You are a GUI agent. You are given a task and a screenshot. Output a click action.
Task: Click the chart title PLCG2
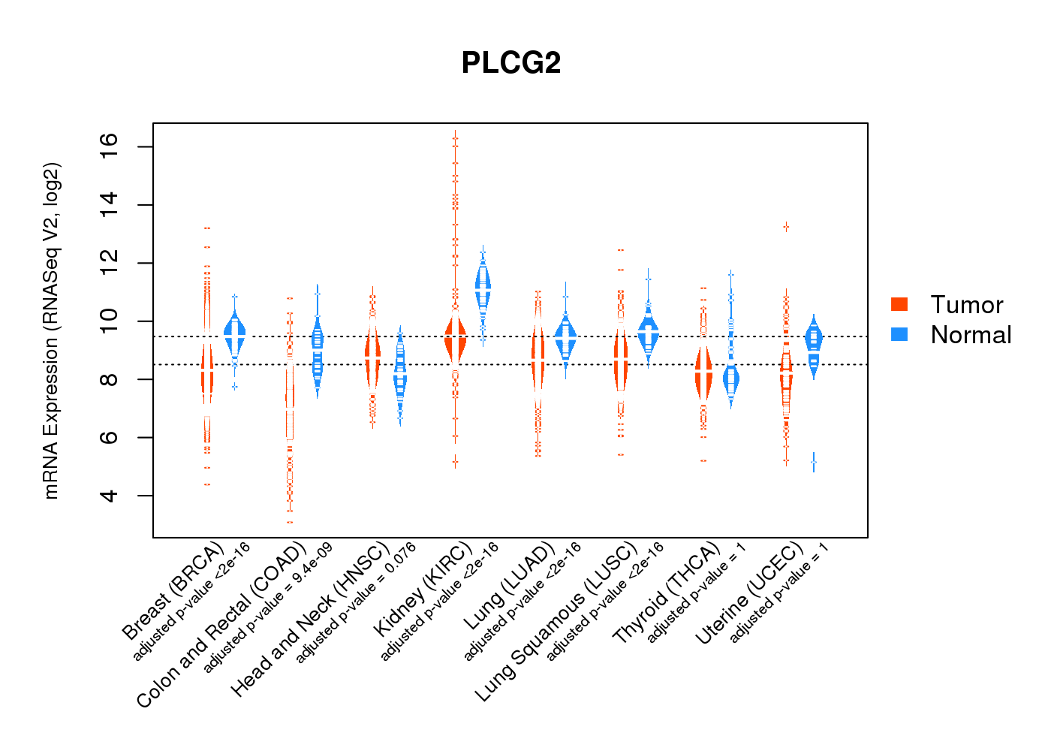coord(511,63)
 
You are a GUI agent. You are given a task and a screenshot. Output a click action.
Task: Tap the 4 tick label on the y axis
coord(110,496)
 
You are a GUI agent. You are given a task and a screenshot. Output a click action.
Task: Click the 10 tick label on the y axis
coord(110,321)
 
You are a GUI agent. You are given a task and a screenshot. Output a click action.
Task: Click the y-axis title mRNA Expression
coord(51,330)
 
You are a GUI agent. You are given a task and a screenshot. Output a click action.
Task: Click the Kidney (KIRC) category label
coord(423,588)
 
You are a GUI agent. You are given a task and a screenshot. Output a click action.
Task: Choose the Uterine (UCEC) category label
coord(749,594)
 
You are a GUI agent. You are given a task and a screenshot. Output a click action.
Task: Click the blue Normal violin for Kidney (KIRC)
coord(483,288)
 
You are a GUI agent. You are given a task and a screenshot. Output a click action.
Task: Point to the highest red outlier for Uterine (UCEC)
coord(786,227)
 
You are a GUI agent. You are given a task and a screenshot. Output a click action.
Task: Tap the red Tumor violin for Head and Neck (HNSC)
coord(373,357)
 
